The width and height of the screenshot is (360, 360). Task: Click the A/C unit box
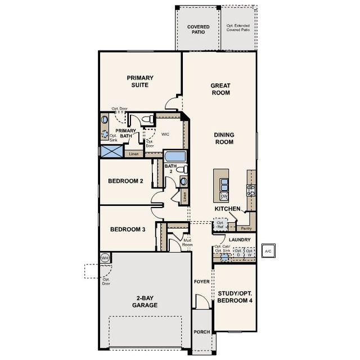tap(268, 251)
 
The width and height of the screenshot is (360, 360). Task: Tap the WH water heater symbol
tap(105, 258)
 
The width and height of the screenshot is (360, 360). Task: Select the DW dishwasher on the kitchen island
tap(224, 196)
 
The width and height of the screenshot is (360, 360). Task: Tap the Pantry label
tap(246, 228)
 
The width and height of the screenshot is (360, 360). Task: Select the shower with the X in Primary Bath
tap(111, 151)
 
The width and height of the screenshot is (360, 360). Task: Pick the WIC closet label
tap(165, 134)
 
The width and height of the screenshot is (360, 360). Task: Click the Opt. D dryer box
tap(238, 253)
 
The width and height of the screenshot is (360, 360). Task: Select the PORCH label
tap(201, 332)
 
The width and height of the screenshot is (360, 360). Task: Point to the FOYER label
tap(201, 281)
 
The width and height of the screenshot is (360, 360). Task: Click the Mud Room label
tap(187, 242)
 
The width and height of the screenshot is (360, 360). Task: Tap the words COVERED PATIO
tap(199, 29)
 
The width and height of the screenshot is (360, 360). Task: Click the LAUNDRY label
tap(240, 240)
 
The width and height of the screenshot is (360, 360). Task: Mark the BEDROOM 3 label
tap(128, 229)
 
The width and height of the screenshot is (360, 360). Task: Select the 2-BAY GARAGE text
tap(145, 301)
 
